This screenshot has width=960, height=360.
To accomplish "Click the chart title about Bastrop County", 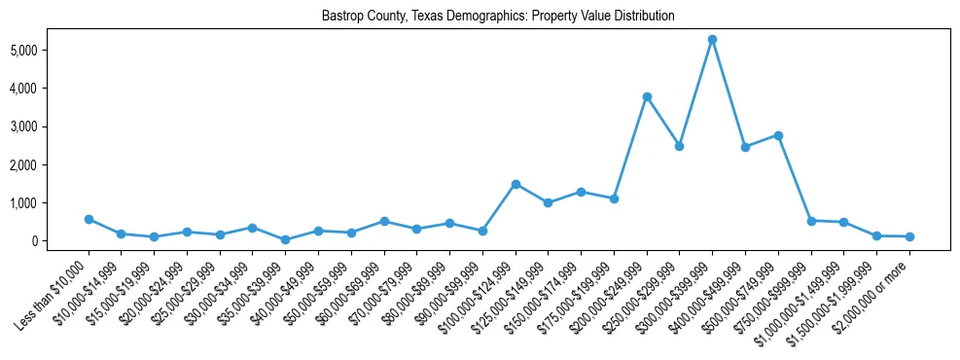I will click(499, 17).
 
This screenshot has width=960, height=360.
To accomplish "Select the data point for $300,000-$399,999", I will click(712, 40).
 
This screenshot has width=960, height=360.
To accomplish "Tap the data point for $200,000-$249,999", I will click(647, 96).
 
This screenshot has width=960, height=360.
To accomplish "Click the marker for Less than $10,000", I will click(89, 220).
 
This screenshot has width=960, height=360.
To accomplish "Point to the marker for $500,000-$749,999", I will click(778, 135).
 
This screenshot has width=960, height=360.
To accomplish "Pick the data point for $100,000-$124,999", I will click(516, 184).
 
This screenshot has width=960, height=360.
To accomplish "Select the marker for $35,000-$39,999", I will click(285, 239).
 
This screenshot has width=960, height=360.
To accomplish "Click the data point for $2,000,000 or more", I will click(909, 236).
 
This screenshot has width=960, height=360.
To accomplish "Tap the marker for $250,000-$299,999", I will click(679, 146).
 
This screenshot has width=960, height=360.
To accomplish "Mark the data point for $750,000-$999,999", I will click(811, 221).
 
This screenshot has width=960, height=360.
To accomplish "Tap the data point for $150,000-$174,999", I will click(581, 192).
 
